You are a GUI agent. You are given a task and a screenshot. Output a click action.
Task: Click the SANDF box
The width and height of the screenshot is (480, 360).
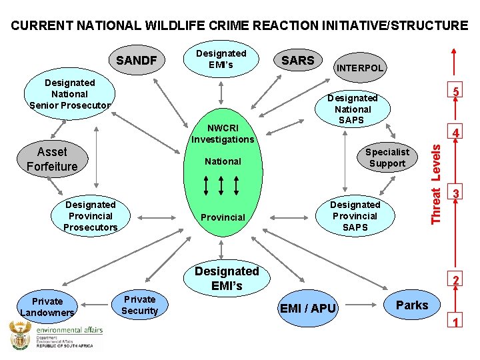pos(137,61)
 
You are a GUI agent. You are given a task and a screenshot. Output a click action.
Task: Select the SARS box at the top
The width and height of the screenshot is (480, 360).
pos(297,60)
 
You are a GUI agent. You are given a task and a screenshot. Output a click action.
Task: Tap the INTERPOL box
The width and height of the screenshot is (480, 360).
pos(360,67)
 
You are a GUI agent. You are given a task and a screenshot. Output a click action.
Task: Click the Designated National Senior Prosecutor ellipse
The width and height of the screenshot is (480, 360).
pos(70,94)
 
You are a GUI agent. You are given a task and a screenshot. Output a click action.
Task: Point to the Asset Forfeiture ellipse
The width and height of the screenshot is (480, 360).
pos(52,159)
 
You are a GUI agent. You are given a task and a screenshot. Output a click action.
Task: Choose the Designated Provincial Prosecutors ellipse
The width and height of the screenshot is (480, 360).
pos(90,216)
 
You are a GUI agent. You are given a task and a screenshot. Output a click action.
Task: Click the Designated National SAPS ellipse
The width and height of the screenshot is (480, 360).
pos(353,109)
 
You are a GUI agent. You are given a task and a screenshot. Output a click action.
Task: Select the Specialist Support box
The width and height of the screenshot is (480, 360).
pos(387,157)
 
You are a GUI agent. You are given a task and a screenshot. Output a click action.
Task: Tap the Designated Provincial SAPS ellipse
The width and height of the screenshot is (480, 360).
pos(355,216)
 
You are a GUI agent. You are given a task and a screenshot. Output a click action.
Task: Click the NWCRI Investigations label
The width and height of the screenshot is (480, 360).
pos(223,133)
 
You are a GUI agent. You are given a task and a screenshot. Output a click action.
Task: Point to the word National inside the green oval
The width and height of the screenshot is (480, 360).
pos(223,161)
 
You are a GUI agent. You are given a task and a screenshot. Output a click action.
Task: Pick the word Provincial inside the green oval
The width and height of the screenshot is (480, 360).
pos(223,217)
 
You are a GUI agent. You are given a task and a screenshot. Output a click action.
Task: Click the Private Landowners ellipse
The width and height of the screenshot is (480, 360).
pos(47,307)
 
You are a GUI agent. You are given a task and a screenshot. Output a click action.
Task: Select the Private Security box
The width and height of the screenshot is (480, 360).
pos(139,305)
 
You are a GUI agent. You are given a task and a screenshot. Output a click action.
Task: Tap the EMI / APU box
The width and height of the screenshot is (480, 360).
pos(308,308)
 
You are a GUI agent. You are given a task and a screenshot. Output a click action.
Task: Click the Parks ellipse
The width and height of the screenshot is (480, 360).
pos(412,305)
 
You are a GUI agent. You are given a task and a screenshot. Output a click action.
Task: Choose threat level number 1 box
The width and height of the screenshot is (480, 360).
pos(455,323)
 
